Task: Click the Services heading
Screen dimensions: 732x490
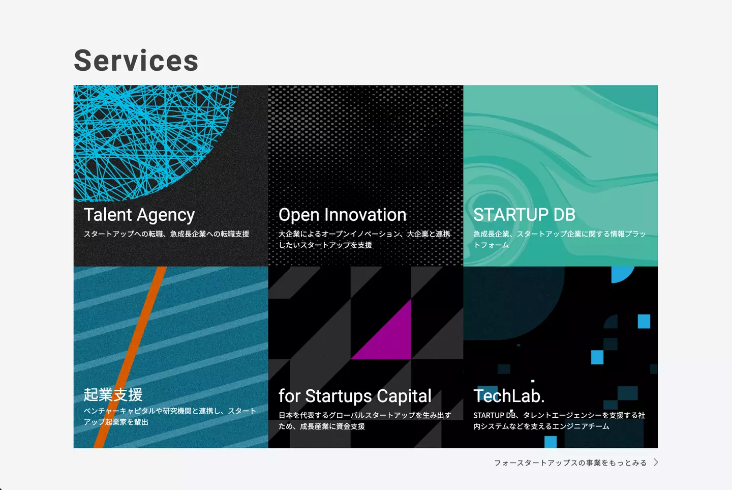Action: [x=136, y=61]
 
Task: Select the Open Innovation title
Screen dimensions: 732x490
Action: [x=343, y=215]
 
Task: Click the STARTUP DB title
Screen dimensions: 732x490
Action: [x=524, y=215]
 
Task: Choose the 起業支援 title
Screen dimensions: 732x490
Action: [x=113, y=394]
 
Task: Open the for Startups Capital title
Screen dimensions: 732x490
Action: [x=355, y=396]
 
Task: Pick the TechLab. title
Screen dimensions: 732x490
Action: [x=509, y=396]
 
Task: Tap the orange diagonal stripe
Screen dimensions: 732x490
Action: [x=130, y=357]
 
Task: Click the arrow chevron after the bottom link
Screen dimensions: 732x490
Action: [x=656, y=462]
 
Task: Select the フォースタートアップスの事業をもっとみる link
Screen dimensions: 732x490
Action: [x=570, y=463]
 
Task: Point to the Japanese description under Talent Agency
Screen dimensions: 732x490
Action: [x=167, y=234]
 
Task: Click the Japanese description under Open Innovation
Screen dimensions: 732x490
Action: [x=364, y=240]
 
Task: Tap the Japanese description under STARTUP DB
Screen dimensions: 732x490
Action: [x=560, y=240]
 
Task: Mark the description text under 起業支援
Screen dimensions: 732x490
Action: [x=170, y=416]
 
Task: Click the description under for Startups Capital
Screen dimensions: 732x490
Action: [x=364, y=421]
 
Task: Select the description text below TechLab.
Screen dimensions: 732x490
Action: [x=559, y=421]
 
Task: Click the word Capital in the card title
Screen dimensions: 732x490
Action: [x=404, y=396]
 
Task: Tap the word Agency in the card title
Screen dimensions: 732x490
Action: [x=166, y=216]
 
